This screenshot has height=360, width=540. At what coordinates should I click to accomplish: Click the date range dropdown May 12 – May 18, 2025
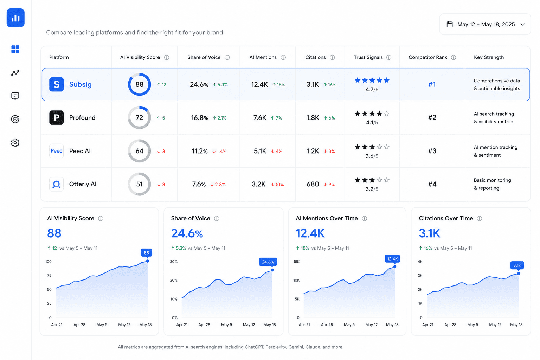[x=485, y=24]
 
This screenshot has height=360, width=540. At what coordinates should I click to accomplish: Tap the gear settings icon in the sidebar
[x=15, y=143]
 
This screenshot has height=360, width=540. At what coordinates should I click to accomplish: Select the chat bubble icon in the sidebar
[x=15, y=96]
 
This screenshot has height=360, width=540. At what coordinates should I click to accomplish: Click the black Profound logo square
[x=56, y=117]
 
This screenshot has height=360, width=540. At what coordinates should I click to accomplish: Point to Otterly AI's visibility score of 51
[x=139, y=184]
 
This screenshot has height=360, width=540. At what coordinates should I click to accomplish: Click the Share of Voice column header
[x=204, y=57]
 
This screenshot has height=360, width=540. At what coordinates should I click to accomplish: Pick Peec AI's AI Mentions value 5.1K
[x=260, y=151]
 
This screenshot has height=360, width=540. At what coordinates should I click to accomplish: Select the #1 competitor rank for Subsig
[x=432, y=84]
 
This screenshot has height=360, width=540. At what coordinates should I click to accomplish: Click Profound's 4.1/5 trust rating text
[x=372, y=122]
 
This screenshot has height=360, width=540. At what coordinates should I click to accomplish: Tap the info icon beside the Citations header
[x=332, y=57]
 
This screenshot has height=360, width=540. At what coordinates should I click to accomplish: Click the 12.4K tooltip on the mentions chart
[x=392, y=259]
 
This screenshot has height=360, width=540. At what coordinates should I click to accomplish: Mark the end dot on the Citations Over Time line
[x=519, y=274]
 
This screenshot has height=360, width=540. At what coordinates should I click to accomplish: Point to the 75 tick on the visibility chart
[x=49, y=275]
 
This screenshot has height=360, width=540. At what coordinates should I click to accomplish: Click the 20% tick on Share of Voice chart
[x=174, y=280]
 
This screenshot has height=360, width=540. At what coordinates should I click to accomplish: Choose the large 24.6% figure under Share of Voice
[x=187, y=233]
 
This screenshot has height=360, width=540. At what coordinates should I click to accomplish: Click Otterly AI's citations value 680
[x=313, y=184]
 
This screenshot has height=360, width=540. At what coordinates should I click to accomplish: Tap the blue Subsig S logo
[x=56, y=84]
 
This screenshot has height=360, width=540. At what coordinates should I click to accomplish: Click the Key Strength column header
[x=489, y=57]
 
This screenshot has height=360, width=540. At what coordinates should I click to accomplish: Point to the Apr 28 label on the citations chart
[x=450, y=324]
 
